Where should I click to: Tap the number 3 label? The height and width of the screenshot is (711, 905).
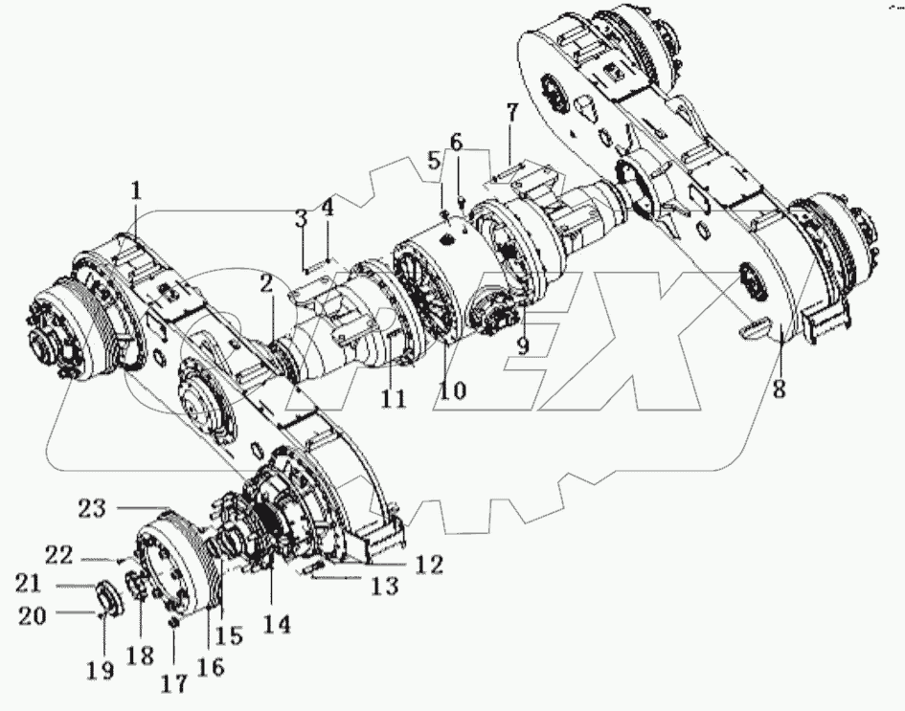pyautogui.click(x=301, y=217)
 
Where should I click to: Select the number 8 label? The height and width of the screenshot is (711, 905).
pyautogui.click(x=780, y=389)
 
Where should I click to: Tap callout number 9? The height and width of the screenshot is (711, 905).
pyautogui.click(x=523, y=344)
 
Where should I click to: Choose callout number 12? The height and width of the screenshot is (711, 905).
pyautogui.click(x=429, y=566)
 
